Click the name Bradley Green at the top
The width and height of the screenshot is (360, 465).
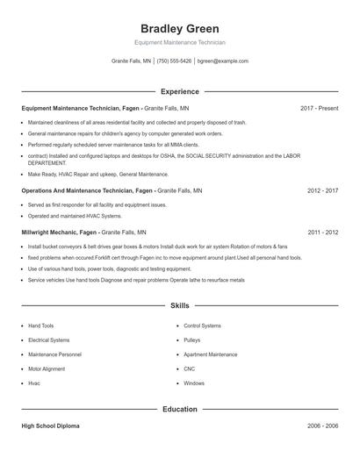pyautogui.click(x=180, y=28)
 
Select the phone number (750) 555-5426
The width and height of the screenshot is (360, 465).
pyautogui.click(x=174, y=61)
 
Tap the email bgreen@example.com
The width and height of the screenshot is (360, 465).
pyautogui.click(x=223, y=61)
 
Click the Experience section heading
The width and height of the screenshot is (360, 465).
pyautogui.click(x=180, y=91)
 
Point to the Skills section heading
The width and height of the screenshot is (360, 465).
pyautogui.click(x=180, y=305)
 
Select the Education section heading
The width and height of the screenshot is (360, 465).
pyautogui.click(x=180, y=409)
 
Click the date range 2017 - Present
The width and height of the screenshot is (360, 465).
pyautogui.click(x=319, y=108)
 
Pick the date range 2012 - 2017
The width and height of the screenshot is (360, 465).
pyautogui.click(x=322, y=190)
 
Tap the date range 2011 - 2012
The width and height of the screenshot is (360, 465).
pyautogui.click(x=322, y=232)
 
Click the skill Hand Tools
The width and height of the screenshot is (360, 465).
pyautogui.click(x=40, y=325)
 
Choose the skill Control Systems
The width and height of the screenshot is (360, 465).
pyautogui.click(x=202, y=325)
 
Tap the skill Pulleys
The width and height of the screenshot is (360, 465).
pyautogui.click(x=192, y=340)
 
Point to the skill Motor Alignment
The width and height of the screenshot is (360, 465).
pyautogui.click(x=47, y=368)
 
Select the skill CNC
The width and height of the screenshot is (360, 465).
pyautogui.click(x=190, y=368)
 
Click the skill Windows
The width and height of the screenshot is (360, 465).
pyautogui.click(x=194, y=383)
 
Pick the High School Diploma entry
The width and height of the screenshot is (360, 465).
pyautogui.click(x=50, y=426)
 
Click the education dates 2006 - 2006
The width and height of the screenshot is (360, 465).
pyautogui.click(x=322, y=426)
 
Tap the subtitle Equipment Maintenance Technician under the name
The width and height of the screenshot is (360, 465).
pyautogui.click(x=180, y=42)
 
